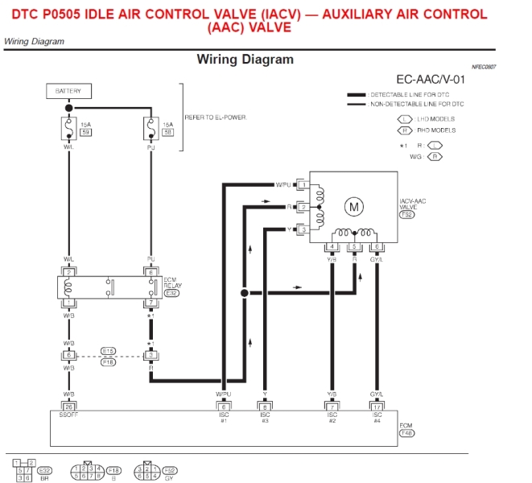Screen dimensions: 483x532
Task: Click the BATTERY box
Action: coord(68,91)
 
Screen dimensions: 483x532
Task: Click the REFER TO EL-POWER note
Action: coord(216,118)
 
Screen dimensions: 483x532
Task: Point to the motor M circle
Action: coord(354,207)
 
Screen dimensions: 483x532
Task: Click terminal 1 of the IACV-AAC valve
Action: coord(303,184)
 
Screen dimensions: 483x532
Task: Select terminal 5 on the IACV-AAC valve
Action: coord(354,246)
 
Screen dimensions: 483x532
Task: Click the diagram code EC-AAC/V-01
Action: coord(431,80)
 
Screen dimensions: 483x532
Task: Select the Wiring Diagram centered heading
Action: coord(245,60)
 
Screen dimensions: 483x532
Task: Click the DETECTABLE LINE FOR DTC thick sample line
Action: coord(356,95)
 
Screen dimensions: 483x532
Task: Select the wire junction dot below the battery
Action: coord(69,107)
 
